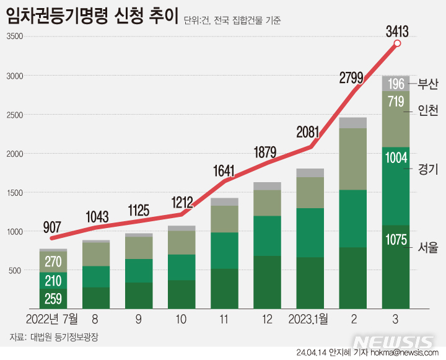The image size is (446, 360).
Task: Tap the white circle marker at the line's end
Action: pyautogui.click(x=397, y=44)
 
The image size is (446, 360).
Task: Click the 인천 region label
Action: pyautogui.click(x=428, y=111)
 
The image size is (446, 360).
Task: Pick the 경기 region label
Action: pyautogui.click(x=428, y=169)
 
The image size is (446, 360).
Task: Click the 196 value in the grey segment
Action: pyautogui.click(x=397, y=84)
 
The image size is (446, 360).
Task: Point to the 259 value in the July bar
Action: pyautogui.click(x=54, y=299)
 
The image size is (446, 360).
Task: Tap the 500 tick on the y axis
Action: pyautogui.click(x=14, y=271)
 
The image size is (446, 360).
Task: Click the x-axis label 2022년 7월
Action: pyautogui.click(x=53, y=319)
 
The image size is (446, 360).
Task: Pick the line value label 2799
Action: pyautogui.click(x=353, y=77)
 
